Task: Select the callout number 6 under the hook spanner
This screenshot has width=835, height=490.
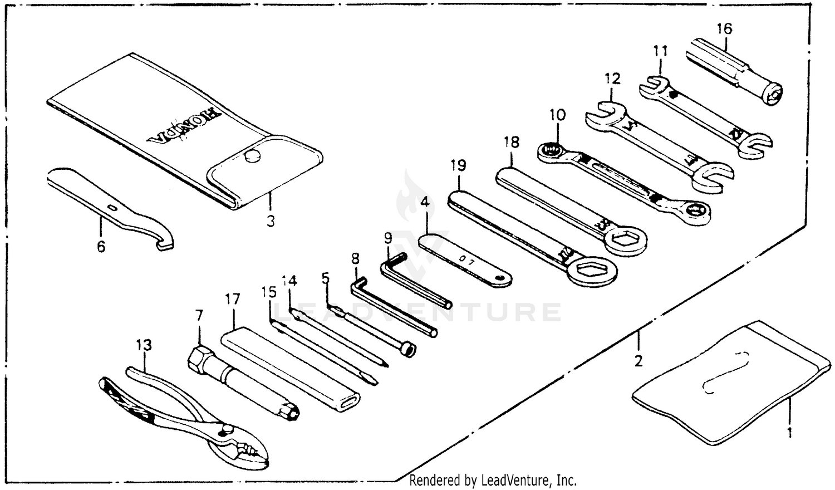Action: click(101, 246)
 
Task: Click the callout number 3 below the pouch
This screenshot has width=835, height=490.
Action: click(270, 221)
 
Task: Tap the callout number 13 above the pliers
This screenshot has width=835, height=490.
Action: click(144, 345)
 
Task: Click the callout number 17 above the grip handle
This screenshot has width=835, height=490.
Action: click(233, 300)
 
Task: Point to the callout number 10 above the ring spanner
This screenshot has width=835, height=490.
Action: click(557, 115)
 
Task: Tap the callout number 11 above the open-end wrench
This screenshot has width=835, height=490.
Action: click(660, 51)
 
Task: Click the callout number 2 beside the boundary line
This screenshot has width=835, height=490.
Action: click(638, 361)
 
